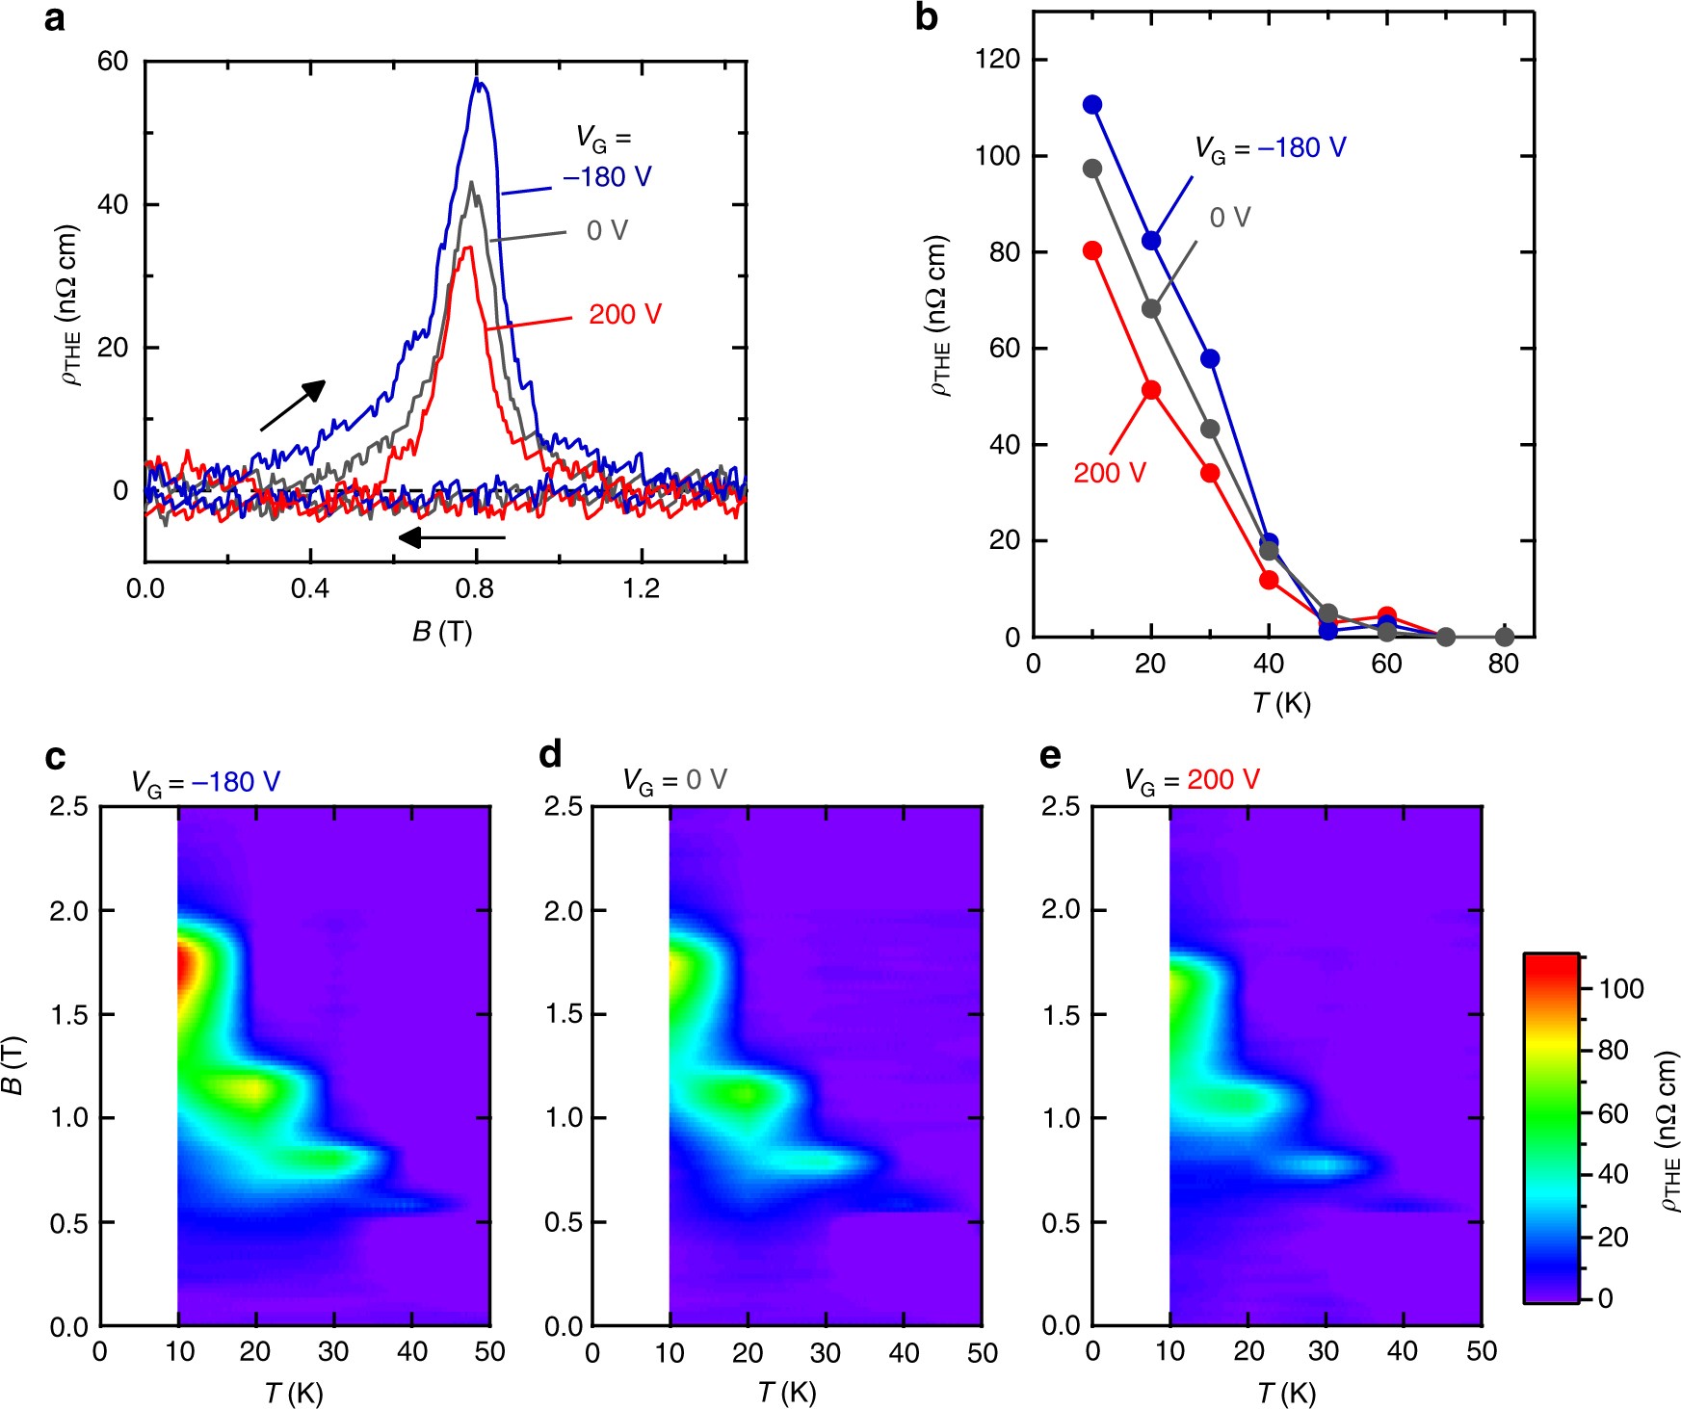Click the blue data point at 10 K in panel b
[x=1091, y=105]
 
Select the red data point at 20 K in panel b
[x=1151, y=390]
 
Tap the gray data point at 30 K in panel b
[x=1210, y=429]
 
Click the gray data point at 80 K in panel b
[x=1505, y=637]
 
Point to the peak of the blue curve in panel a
[x=476, y=80]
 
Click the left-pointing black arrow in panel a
[x=452, y=537]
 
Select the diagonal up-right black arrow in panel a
[x=293, y=405]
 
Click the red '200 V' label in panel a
[x=625, y=315]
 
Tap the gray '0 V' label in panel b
[x=1229, y=218]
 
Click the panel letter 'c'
[x=55, y=757]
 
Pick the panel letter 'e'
[x=1050, y=757]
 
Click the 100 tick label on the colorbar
[x=1621, y=989]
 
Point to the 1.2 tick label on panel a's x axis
[x=642, y=589]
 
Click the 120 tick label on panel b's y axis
[x=997, y=60]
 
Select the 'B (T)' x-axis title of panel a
[x=442, y=632]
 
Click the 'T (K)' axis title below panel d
[x=786, y=1392]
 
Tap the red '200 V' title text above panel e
[x=1222, y=779]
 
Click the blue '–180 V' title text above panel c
[x=236, y=781]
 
